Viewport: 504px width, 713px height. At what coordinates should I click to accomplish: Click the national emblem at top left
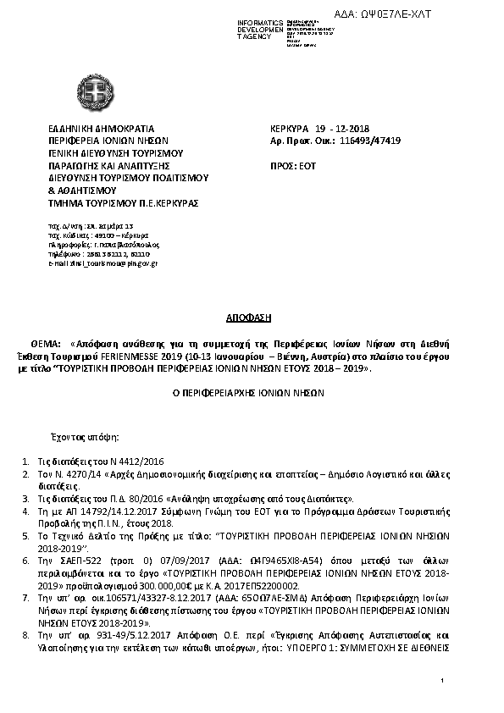[103, 87]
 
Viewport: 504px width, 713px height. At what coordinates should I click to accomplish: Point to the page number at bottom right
[443, 681]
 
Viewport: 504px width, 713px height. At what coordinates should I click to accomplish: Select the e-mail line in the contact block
[102, 265]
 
